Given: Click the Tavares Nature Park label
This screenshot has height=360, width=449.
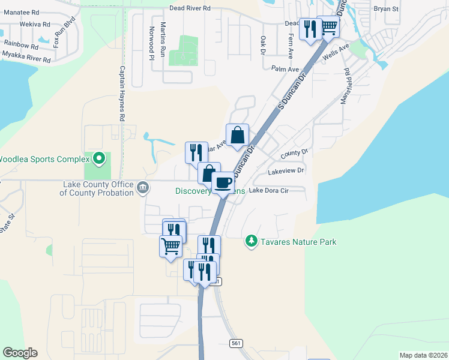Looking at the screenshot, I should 298,242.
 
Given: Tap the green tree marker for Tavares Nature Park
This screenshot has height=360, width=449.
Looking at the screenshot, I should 251,242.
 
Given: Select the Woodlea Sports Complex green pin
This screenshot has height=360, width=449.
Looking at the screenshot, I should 100,159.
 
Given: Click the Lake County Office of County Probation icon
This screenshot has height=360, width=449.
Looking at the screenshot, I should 143,188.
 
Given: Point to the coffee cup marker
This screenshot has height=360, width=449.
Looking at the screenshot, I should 223,182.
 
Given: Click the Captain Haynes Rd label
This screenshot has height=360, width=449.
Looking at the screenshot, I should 121,94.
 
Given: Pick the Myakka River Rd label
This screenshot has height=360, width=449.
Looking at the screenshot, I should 26,57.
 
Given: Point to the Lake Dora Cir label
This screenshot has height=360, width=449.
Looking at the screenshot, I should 268,191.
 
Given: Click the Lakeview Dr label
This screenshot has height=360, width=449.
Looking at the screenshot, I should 286,171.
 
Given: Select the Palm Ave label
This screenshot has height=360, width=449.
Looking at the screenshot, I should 285,70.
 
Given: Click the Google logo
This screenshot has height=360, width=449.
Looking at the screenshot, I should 20,353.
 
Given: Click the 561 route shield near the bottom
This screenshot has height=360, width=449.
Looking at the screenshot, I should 236,343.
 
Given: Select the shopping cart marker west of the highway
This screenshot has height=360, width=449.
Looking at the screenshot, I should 170,245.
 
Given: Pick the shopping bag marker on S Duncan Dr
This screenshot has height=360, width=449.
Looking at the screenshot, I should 237,134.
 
